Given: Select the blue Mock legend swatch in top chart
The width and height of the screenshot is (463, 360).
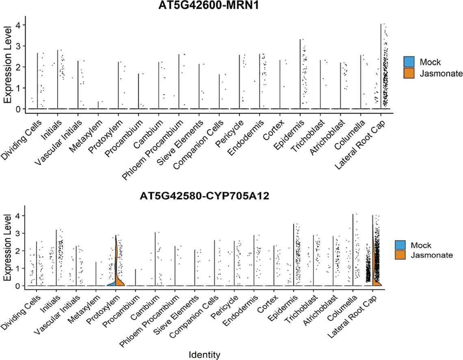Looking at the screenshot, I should click(x=409, y=62).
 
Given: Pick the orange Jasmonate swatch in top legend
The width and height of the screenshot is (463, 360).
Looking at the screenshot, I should click(x=409, y=73).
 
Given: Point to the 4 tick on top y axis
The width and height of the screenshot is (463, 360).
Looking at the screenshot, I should click(x=18, y=25).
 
